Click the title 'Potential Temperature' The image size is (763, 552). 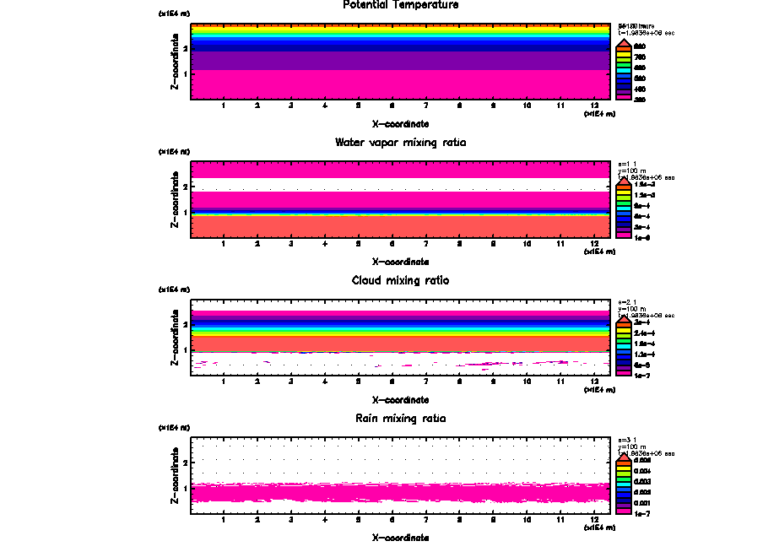tap(401, 5)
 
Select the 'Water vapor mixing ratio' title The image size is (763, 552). tap(401, 143)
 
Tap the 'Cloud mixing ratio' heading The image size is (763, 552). tap(401, 280)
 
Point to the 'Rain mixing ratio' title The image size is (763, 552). tap(401, 419)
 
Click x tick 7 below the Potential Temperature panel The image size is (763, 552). tap(425, 106)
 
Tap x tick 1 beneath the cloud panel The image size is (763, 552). tap(223, 382)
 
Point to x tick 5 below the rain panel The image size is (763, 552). tap(358, 521)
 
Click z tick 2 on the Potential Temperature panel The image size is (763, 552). tap(186, 48)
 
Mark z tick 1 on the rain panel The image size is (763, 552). tap(186, 488)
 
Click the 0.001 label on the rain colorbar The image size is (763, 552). tap(643, 501)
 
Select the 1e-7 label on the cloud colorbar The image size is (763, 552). tap(643, 375)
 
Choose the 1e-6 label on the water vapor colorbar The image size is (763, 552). tap(643, 237)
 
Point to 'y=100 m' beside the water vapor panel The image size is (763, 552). tap(632, 171)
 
